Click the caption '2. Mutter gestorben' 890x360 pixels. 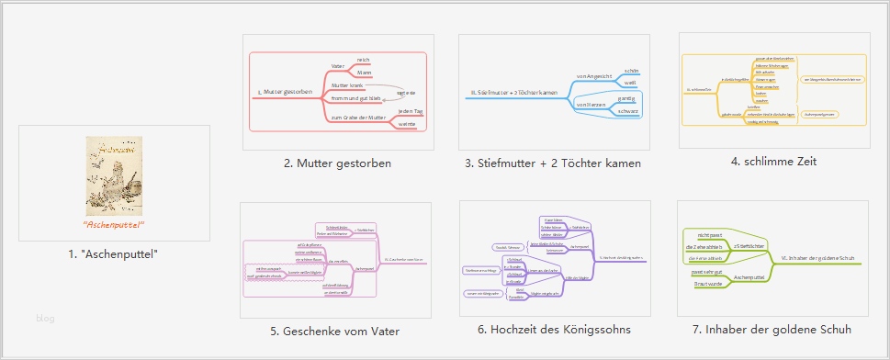pyautogui.click(x=337, y=163)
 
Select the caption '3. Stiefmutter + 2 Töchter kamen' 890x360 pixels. pyautogui.click(x=554, y=163)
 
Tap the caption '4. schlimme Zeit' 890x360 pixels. pyautogui.click(x=773, y=162)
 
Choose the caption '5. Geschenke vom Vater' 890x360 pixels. pyautogui.click(x=334, y=330)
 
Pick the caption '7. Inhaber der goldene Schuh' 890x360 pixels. pyautogui.click(x=773, y=330)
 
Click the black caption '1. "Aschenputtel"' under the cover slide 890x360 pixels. pyautogui.click(x=114, y=253)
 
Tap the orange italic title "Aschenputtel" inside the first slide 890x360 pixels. pyautogui.click(x=114, y=224)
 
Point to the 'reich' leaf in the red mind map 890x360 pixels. pyautogui.click(x=364, y=60)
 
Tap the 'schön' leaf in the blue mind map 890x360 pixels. pyautogui.click(x=630, y=71)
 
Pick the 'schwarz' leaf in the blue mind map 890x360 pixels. pyautogui.click(x=628, y=111)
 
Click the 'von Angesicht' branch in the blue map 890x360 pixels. pyautogui.click(x=593, y=76)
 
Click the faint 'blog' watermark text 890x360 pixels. pyautogui.click(x=46, y=319)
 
